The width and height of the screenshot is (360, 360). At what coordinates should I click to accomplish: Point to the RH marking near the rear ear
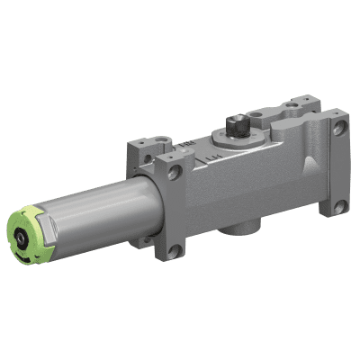(185, 144)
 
